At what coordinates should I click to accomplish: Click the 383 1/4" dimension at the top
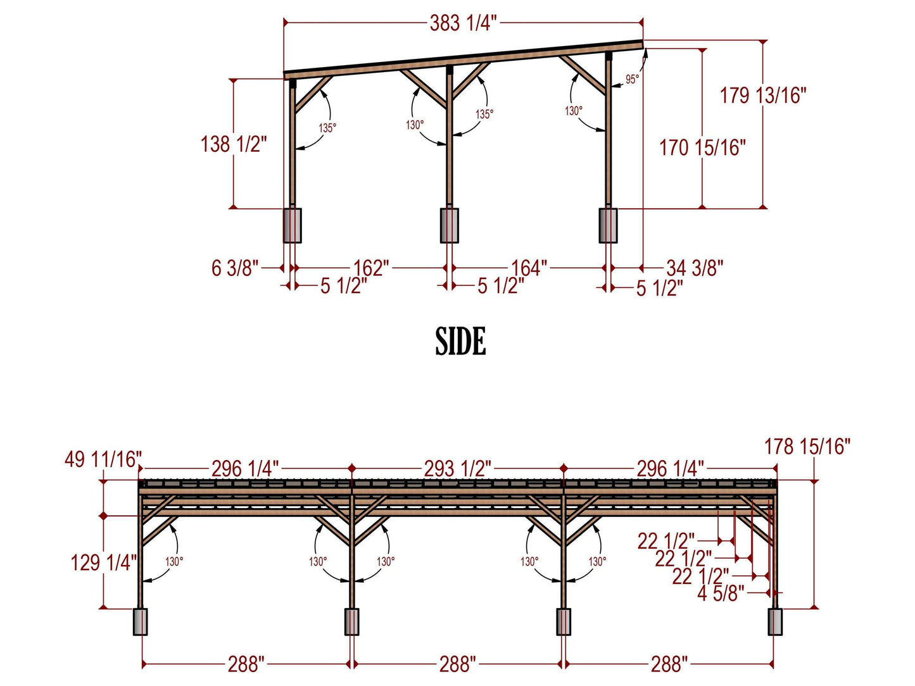pos(463,23)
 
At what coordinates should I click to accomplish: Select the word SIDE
pos(460,342)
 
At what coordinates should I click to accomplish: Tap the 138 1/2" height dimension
pos(234,144)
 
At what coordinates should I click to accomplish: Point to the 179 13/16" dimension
pos(763,96)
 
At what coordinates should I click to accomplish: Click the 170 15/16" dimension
pos(702,148)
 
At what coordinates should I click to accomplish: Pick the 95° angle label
pos(632,80)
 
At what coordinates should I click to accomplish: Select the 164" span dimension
pos(529,268)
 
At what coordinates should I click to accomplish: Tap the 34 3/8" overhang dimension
pos(695,268)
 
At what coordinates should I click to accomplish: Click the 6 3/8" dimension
pos(235,268)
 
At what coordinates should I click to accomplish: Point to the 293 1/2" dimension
pos(457,469)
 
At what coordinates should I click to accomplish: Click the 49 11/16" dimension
pos(103,459)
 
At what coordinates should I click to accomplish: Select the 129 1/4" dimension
pos(103,562)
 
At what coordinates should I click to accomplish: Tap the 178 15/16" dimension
pos(807,447)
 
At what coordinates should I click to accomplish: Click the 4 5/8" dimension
pos(721,594)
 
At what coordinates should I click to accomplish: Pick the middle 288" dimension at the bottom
pos(457,664)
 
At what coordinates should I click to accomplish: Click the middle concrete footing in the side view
pos(449,225)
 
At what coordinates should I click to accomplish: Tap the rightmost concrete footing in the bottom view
pos(774,621)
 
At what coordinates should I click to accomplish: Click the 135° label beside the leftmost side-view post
pos(327,128)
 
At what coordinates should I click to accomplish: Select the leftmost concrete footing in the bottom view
pos(140,621)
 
